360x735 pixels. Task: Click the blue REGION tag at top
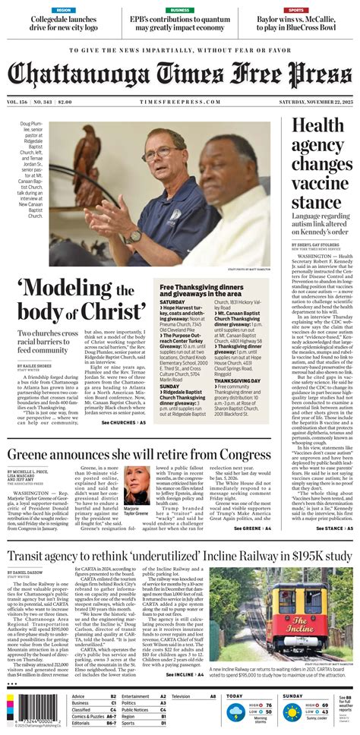click(x=64, y=10)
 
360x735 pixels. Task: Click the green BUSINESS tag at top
click(x=180, y=10)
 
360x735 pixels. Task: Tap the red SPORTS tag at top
click(x=297, y=10)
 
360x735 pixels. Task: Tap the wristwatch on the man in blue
click(x=134, y=236)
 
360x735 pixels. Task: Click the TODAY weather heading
click(x=235, y=696)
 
